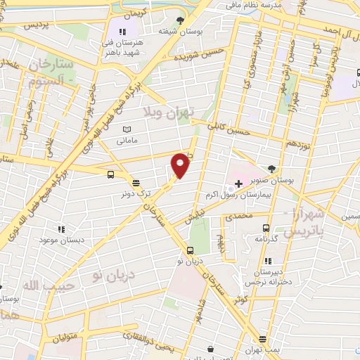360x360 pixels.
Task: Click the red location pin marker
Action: pos(181,165)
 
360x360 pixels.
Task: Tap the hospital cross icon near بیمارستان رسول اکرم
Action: pos(238,184)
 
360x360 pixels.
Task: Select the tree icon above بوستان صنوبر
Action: pos(272,169)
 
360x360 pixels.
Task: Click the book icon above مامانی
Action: pos(127,130)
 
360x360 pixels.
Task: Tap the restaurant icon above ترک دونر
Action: pos(135,181)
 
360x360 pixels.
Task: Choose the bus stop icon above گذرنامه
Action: pos(266,228)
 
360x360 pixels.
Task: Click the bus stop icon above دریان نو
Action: pos(190,250)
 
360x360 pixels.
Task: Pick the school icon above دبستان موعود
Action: pos(61,229)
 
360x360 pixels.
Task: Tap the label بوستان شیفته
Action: pos(176,32)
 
